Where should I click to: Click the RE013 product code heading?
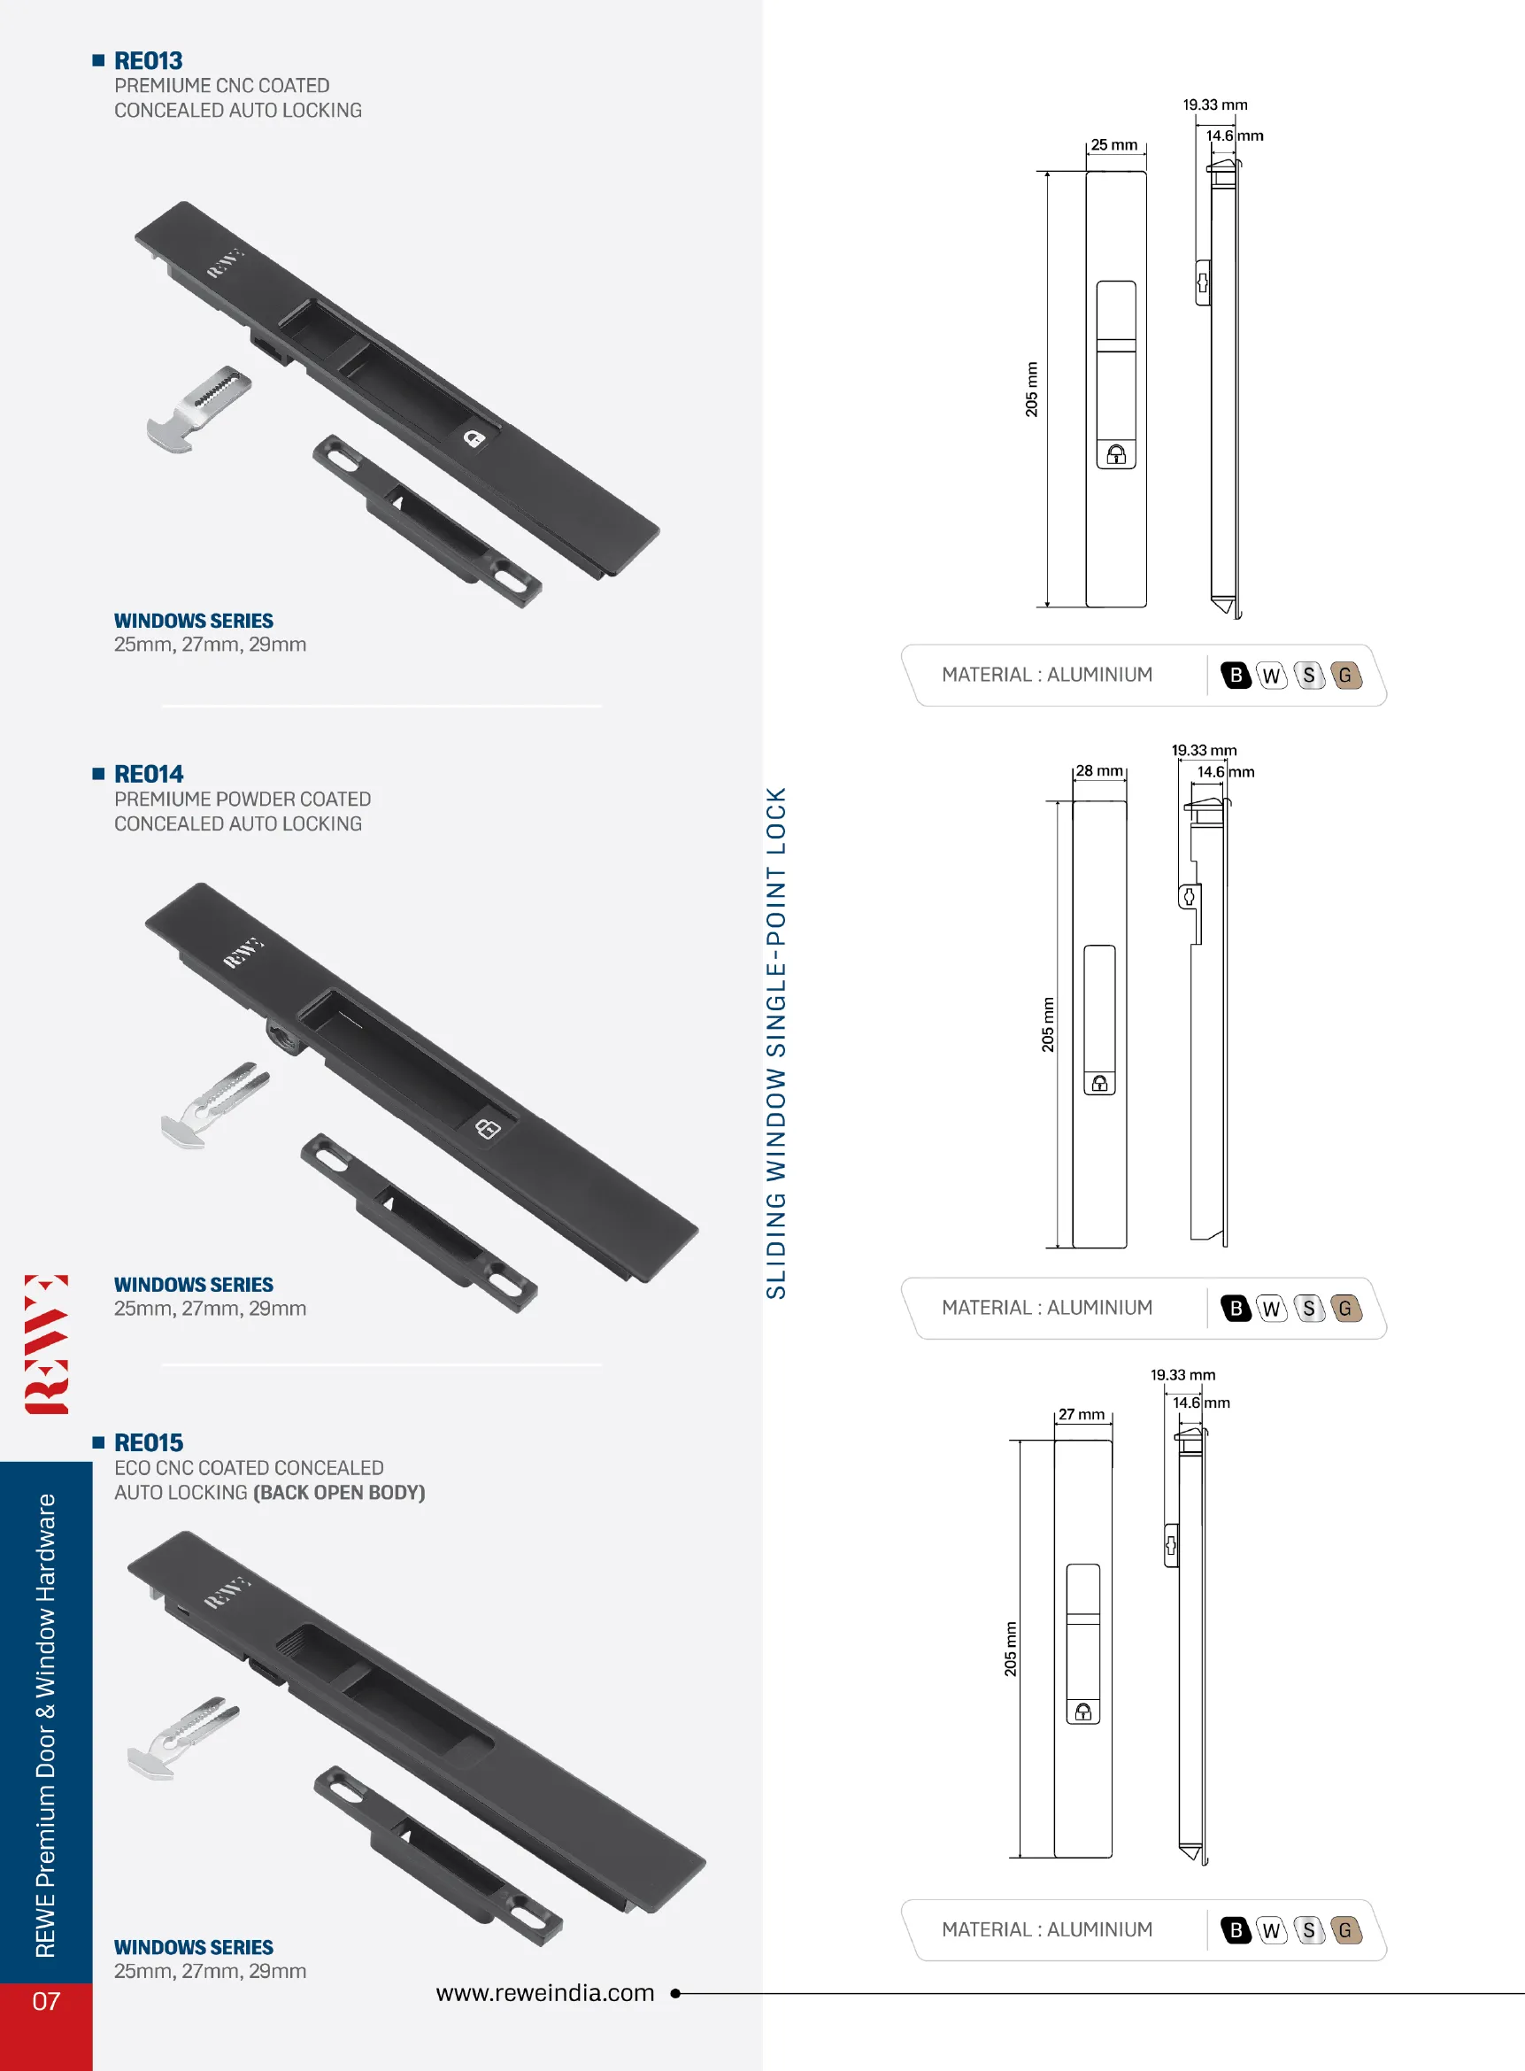click(x=148, y=61)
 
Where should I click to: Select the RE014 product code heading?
click(x=149, y=774)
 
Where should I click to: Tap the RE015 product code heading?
click(x=149, y=1442)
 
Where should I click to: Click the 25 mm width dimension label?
click(x=1113, y=145)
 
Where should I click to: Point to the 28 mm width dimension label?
click(x=1098, y=770)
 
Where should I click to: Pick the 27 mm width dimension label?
click(x=1081, y=1415)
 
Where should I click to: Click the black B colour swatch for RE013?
click(x=1236, y=675)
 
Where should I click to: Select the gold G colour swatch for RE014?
click(x=1346, y=1309)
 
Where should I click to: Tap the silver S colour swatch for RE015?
click(x=1309, y=1929)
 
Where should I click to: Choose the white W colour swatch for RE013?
click(x=1271, y=675)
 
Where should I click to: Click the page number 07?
click(x=46, y=2001)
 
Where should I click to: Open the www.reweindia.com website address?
click(x=544, y=1992)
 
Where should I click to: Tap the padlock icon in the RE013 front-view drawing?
click(x=1116, y=454)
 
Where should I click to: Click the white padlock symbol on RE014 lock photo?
click(x=488, y=1128)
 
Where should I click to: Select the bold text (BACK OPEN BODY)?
click(x=339, y=1492)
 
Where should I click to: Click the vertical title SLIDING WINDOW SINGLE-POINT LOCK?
click(x=776, y=1042)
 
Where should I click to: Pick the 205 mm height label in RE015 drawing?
click(x=1011, y=1649)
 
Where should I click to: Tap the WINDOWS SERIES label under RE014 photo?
click(x=193, y=1285)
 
